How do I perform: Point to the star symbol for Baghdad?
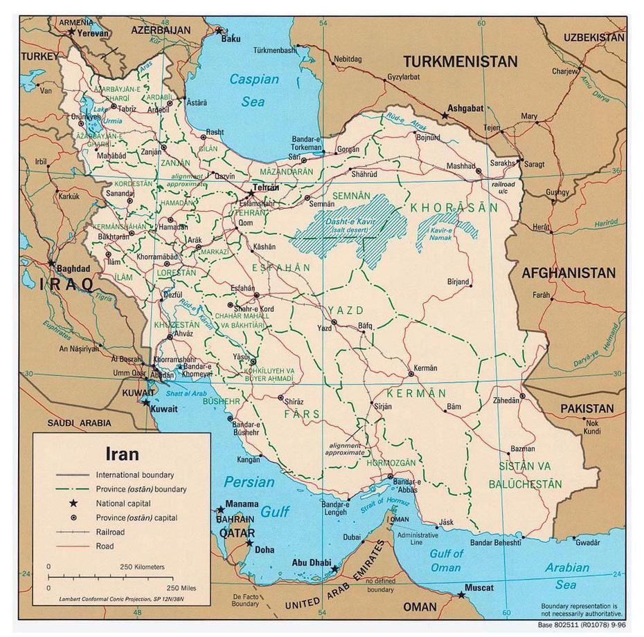[52, 263]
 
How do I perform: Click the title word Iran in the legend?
[122, 454]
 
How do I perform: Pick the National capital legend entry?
[123, 504]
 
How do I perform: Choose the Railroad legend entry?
[110, 532]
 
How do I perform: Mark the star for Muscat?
[460, 594]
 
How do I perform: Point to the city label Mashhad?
[460, 166]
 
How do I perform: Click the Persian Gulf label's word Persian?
[249, 482]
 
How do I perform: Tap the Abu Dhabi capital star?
[334, 569]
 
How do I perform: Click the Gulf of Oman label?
[447, 560]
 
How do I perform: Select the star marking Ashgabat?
[445, 116]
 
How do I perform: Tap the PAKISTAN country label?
[587, 409]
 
